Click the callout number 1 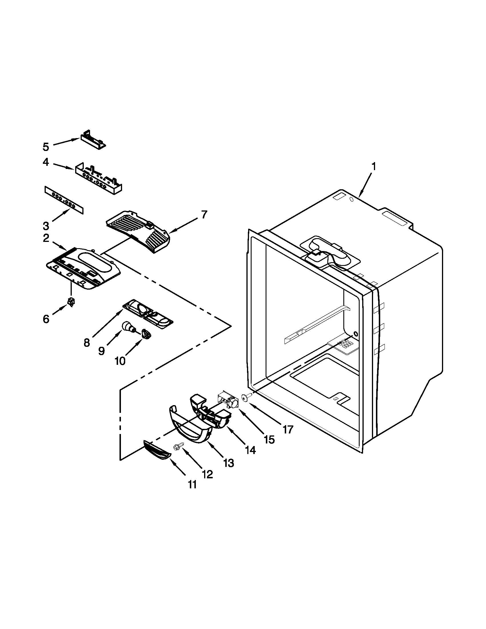point(373,166)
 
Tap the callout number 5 point(46,147)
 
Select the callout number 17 point(288,429)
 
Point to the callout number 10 point(120,361)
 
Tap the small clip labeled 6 point(71,302)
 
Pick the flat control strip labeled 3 point(64,200)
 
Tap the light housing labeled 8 point(148,312)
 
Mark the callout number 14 point(250,449)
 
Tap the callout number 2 point(46,238)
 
